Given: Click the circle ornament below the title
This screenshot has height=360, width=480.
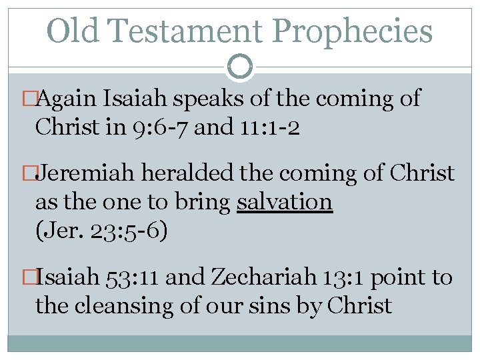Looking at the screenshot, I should click(240, 66).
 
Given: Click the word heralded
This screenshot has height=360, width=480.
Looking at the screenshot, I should click(193, 173).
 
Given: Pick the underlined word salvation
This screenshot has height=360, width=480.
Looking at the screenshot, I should click(285, 201).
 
